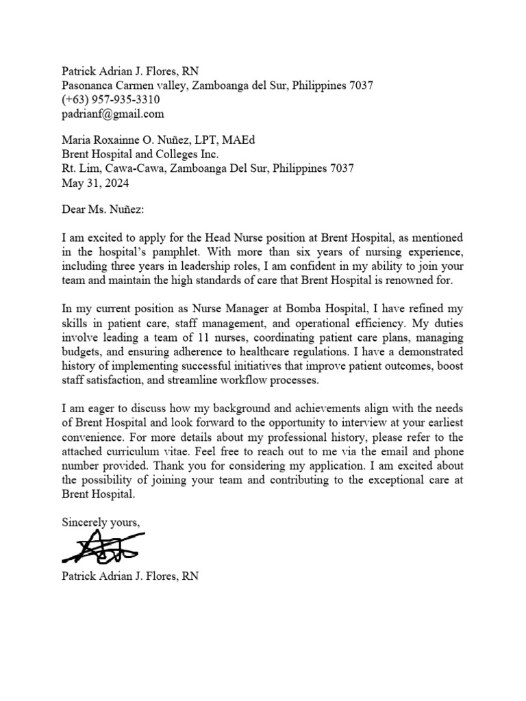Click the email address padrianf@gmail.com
pyautogui.click(x=113, y=114)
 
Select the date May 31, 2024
pyautogui.click(x=95, y=183)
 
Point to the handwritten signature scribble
pyautogui.click(x=100, y=546)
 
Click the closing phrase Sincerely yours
pyautogui.click(x=101, y=522)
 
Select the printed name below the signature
pyautogui.click(x=130, y=576)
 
